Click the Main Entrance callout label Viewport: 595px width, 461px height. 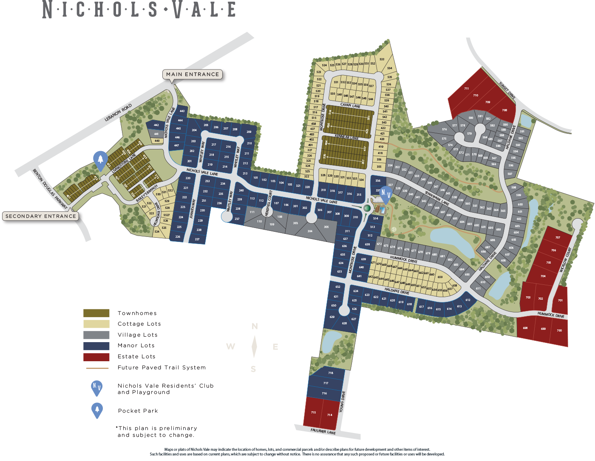(x=193, y=74)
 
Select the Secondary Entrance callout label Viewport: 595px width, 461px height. (x=41, y=216)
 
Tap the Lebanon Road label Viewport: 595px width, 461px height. (x=118, y=112)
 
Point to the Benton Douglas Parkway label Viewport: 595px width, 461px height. (x=50, y=189)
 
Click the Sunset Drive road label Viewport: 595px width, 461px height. (x=507, y=91)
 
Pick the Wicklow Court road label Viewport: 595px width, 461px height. (x=566, y=259)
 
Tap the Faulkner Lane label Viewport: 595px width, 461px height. (x=323, y=431)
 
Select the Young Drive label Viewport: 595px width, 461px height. (x=343, y=402)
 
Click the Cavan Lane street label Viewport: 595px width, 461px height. (x=350, y=105)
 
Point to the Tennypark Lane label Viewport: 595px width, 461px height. (x=436, y=198)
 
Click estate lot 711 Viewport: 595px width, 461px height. (x=466, y=89)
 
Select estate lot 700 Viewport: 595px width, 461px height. (x=559, y=330)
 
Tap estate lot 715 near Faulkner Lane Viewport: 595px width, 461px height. (x=313, y=412)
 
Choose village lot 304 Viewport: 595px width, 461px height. (x=310, y=231)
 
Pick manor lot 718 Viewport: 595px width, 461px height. (x=331, y=373)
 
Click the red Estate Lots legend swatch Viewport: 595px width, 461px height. (x=96, y=357)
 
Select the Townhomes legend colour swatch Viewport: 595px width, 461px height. (x=96, y=313)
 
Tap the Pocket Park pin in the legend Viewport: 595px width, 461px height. (x=97, y=410)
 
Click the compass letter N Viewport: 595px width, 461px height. (x=255, y=326)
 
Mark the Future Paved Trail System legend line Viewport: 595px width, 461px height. (x=97, y=368)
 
